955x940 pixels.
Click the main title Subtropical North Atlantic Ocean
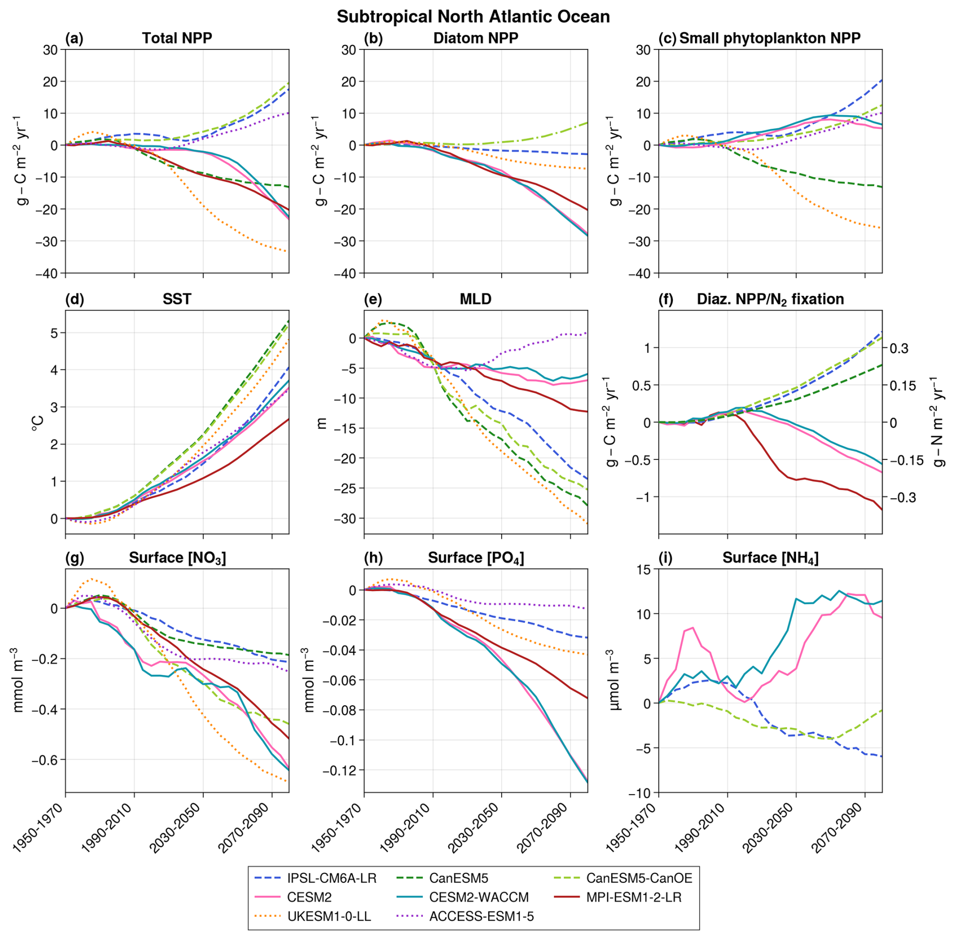click(473, 17)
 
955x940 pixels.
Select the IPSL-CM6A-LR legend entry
click(331, 878)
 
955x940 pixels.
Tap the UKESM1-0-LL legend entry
click(329, 916)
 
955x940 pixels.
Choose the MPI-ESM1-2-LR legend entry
click(633, 897)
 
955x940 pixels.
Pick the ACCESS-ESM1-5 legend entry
click(481, 916)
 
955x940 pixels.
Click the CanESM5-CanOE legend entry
click(639, 878)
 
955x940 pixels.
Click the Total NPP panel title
click(177, 38)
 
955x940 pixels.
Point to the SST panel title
click(177, 299)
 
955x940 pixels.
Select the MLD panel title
click(475, 299)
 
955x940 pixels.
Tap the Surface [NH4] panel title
click(770, 558)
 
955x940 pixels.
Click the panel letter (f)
click(666, 299)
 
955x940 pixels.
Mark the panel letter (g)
click(74, 558)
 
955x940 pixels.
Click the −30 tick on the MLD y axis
click(346, 518)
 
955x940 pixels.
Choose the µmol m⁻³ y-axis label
click(614, 680)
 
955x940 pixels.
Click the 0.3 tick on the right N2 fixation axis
click(899, 348)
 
